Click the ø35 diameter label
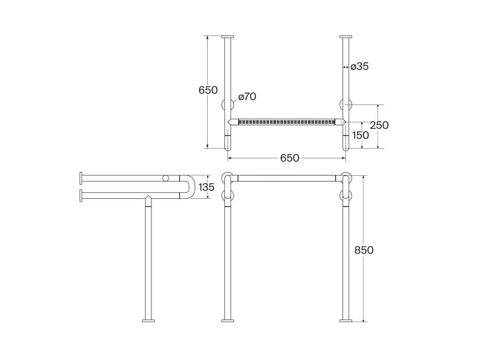point(360,67)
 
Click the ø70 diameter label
point(247,97)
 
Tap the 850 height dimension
point(364,250)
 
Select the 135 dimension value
point(206,187)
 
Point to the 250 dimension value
point(379,125)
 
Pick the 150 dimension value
point(360,135)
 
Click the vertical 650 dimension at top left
point(208,90)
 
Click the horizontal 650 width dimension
point(289,158)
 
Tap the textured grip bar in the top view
point(286,122)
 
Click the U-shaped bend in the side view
point(193,187)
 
